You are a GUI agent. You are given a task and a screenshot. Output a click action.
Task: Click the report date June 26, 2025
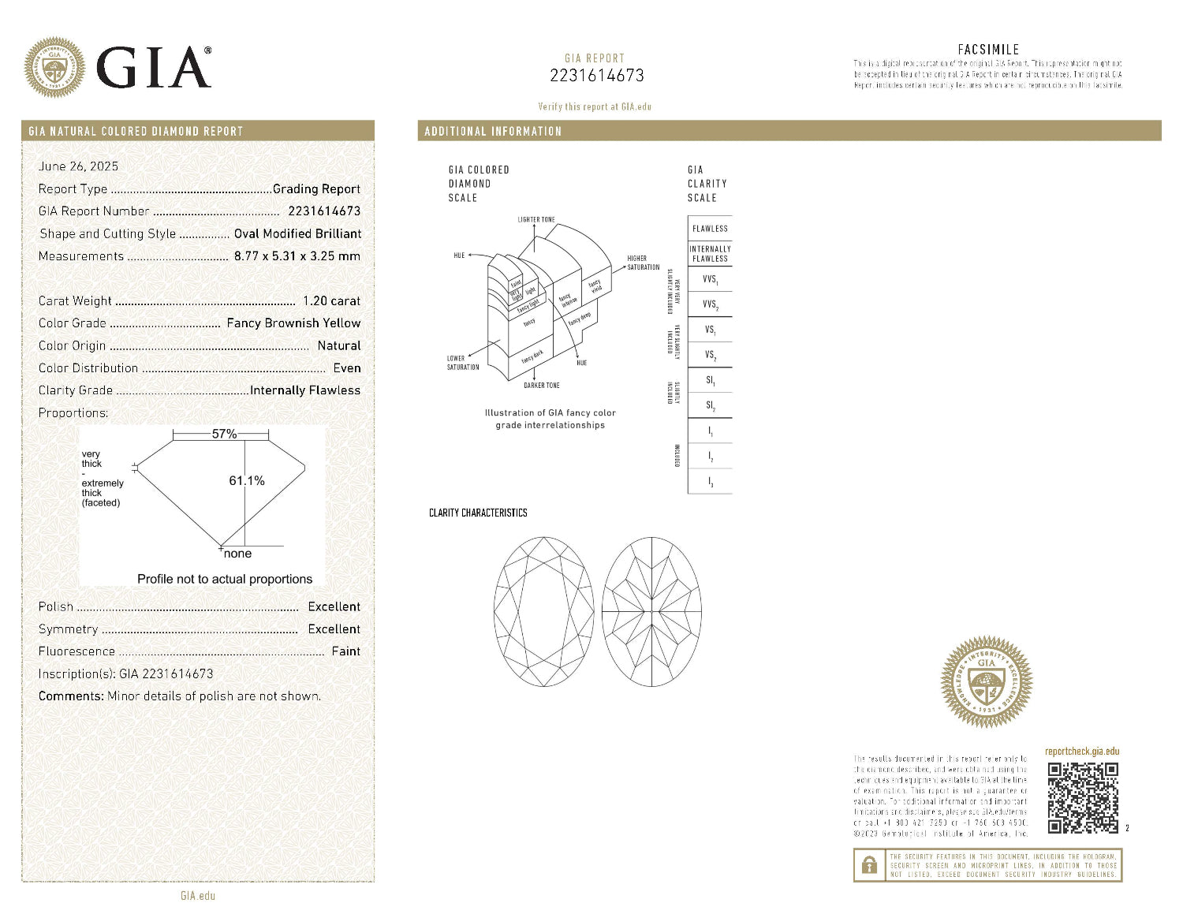tap(78, 166)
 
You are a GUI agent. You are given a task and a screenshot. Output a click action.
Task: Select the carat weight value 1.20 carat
tap(331, 300)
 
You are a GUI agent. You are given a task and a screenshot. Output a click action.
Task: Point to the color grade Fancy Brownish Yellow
tap(293, 323)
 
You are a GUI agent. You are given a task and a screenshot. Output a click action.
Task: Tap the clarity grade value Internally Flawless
tap(305, 390)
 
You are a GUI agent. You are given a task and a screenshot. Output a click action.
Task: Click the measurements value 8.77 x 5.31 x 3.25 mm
tap(297, 256)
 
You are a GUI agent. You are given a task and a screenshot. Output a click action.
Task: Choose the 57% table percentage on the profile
tap(224, 434)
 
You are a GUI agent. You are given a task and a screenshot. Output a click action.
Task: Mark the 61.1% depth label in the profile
tap(247, 480)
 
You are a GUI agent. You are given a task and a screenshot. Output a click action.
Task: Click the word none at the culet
tap(237, 554)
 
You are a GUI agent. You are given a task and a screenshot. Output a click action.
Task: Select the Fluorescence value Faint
tap(345, 651)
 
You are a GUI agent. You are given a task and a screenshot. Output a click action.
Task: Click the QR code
tap(1083, 797)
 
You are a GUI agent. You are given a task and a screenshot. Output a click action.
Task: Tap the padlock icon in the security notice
tap(869, 865)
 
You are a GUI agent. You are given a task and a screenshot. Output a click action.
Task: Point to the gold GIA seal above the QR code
tap(986, 681)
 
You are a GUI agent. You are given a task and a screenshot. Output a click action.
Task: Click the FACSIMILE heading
tap(988, 49)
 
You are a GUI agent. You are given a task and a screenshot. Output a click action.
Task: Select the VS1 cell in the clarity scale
tap(710, 330)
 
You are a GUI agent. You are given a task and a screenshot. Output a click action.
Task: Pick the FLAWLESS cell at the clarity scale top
tap(710, 229)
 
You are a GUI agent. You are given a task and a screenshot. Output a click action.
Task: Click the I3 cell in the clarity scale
tap(710, 482)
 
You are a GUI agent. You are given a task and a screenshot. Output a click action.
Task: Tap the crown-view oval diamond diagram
tap(544, 611)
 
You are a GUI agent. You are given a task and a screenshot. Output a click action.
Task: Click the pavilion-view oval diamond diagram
tap(651, 611)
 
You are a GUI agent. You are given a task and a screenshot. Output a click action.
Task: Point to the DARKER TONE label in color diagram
tap(542, 386)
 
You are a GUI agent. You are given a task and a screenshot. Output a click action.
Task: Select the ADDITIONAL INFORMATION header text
tap(493, 131)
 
